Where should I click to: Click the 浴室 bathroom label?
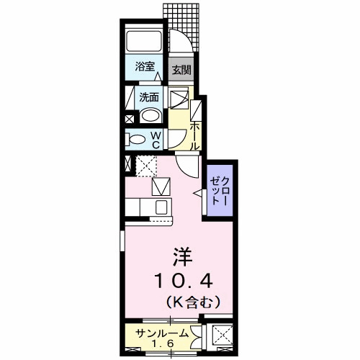[x=145, y=68]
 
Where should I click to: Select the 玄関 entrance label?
[x=181, y=70]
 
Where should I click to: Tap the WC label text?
[x=154, y=139]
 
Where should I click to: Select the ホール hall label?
[x=195, y=133]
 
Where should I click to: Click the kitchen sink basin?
[x=161, y=207]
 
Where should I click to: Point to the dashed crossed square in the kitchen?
[x=147, y=166]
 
